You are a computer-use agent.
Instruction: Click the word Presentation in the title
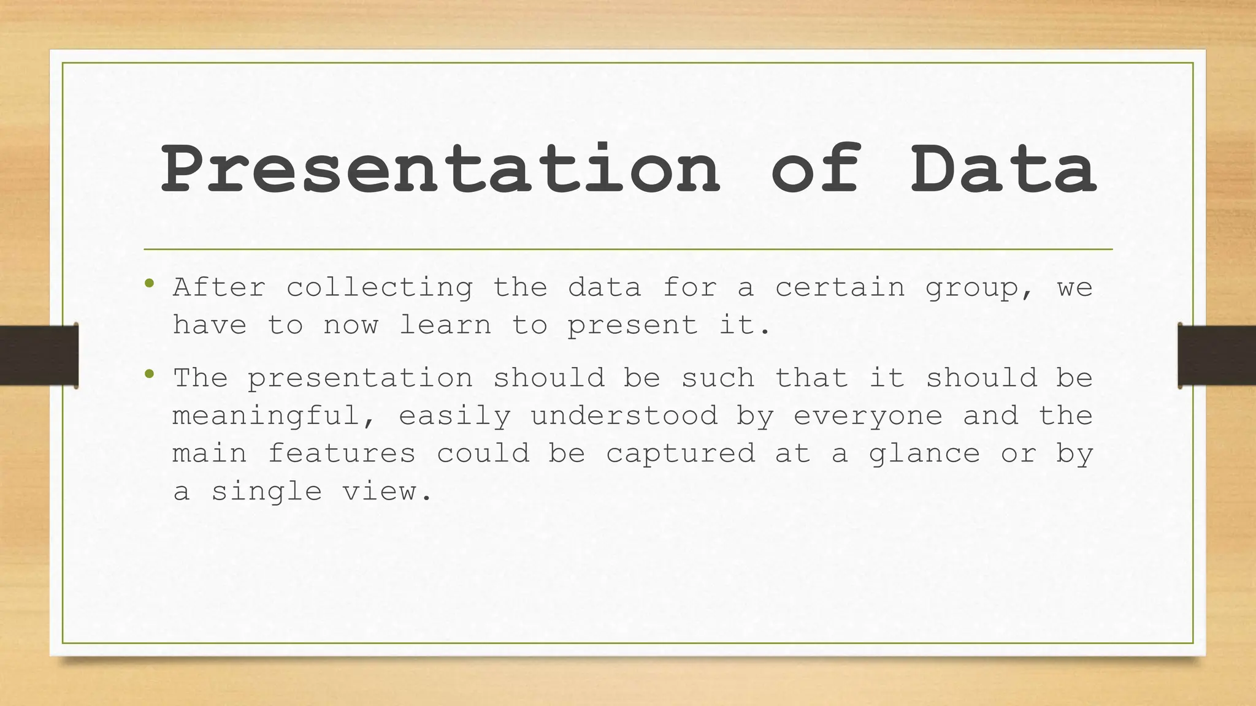coord(440,169)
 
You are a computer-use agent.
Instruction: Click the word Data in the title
coord(1003,169)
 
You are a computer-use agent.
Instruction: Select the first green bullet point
coord(149,284)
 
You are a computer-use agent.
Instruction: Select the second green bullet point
coord(149,374)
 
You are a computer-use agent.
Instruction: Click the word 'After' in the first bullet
coord(219,287)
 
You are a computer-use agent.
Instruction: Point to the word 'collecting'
coord(379,288)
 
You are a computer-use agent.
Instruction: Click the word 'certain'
coord(840,287)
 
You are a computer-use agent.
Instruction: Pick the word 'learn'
coord(445,325)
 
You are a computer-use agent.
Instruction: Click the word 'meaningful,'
coord(274,416)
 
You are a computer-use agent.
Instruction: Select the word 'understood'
coord(624,416)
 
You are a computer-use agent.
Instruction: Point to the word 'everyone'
coord(868,417)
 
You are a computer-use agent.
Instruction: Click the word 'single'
coord(266,492)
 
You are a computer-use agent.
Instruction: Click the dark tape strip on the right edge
coord(1217,355)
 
